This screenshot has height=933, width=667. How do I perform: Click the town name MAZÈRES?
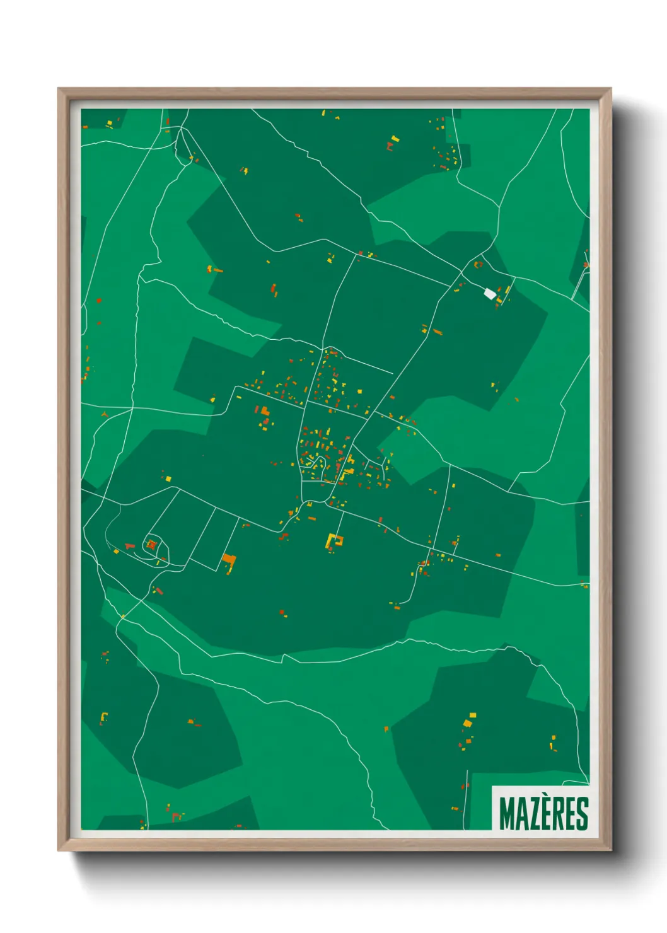(x=543, y=813)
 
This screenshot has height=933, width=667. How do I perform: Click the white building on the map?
(x=489, y=293)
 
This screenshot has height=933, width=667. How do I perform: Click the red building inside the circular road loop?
(x=151, y=545)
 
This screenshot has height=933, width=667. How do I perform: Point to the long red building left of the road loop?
(x=130, y=545)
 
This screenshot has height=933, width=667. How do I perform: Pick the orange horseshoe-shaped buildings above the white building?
(x=478, y=265)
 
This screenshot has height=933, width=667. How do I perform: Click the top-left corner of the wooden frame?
(x=59, y=89)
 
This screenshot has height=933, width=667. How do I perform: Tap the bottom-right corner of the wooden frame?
(x=611, y=850)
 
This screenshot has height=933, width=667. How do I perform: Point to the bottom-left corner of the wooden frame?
(x=59, y=850)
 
